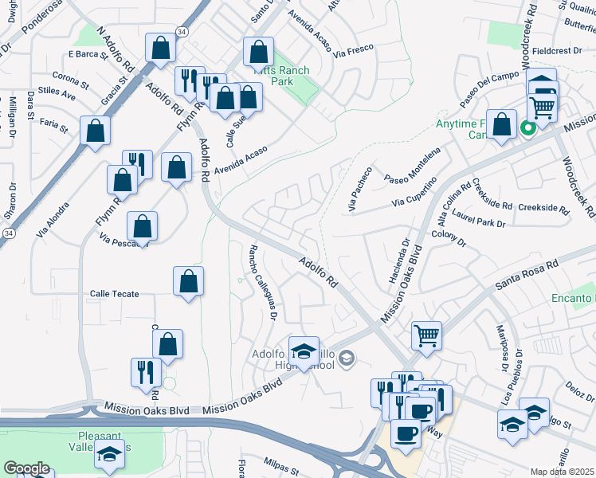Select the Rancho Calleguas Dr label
pos(263,282)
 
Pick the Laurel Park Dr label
pos(479,219)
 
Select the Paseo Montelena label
pos(411,167)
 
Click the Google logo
pos(25,468)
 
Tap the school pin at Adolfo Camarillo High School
pos(303,351)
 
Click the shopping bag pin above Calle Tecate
pos(188,281)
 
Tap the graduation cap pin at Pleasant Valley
pos(111,454)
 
